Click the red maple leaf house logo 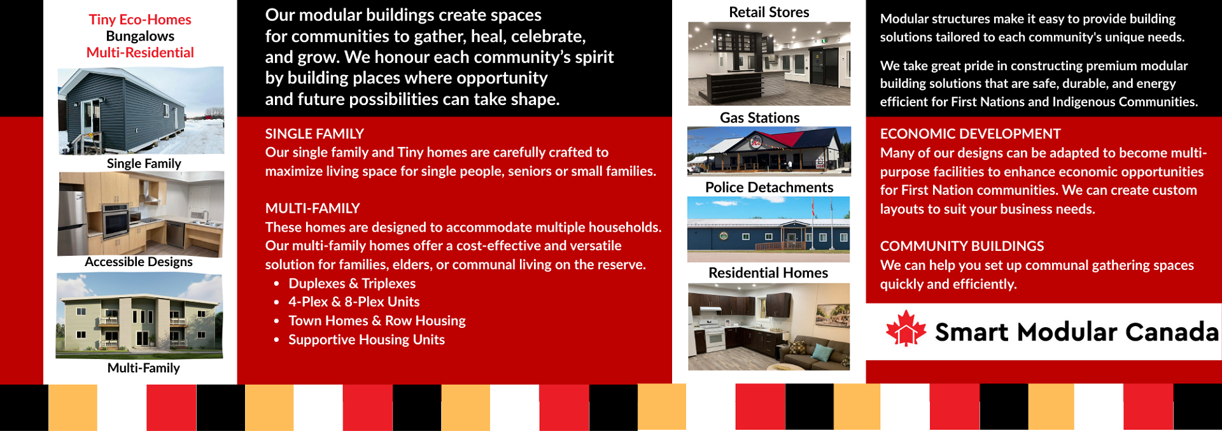pyautogui.click(x=906, y=329)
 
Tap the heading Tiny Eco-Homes pyautogui.click(x=140, y=20)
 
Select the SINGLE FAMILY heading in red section pyautogui.click(x=314, y=134)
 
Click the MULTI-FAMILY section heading pyautogui.click(x=313, y=208)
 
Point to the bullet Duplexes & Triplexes pyautogui.click(x=351, y=283)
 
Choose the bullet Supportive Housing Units pyautogui.click(x=366, y=339)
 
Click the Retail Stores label pyautogui.click(x=769, y=12)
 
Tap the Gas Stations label pyautogui.click(x=759, y=118)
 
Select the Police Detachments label pyautogui.click(x=769, y=187)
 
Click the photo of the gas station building pyautogui.click(x=769, y=151)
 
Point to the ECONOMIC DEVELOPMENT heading pyautogui.click(x=970, y=134)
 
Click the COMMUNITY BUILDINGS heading pyautogui.click(x=962, y=246)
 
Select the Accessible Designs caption pyautogui.click(x=139, y=262)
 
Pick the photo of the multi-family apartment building pyautogui.click(x=139, y=316)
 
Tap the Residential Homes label pyautogui.click(x=768, y=272)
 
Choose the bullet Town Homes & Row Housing pyautogui.click(x=377, y=321)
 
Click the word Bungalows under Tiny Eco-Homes pyautogui.click(x=140, y=36)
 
